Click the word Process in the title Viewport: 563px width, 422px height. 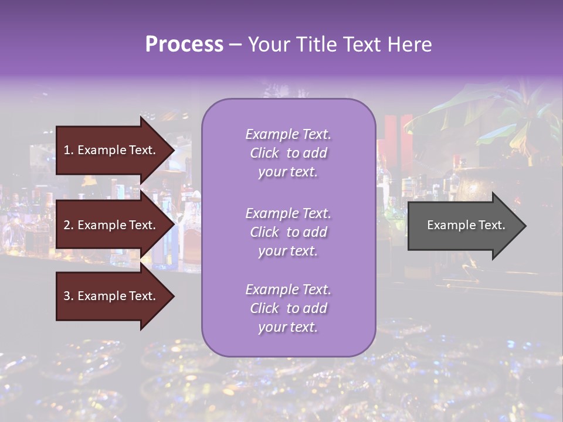(x=184, y=45)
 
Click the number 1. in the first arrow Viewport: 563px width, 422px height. (x=69, y=150)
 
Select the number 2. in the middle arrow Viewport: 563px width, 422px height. (x=69, y=225)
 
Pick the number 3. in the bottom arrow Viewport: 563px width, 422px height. (x=69, y=296)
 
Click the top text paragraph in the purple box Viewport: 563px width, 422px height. (x=288, y=153)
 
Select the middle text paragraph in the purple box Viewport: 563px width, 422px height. (x=288, y=232)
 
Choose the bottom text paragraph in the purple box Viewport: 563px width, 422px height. (x=288, y=308)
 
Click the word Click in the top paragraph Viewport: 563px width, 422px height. (x=264, y=153)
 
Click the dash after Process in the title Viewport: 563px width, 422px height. (x=235, y=45)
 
